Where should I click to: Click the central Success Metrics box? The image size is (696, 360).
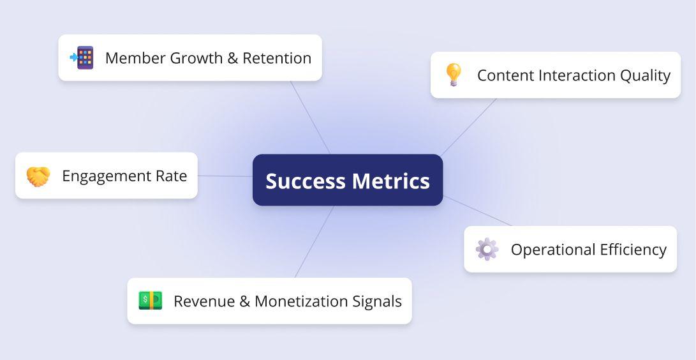click(348, 180)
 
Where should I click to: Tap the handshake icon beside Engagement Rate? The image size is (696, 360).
click(38, 176)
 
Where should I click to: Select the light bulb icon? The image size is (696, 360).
click(454, 75)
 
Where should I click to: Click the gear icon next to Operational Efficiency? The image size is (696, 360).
click(487, 249)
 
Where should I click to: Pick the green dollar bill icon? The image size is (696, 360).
click(151, 301)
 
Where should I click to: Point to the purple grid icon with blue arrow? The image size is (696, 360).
click(82, 57)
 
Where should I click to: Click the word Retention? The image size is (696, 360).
click(277, 58)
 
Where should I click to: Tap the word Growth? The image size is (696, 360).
click(198, 58)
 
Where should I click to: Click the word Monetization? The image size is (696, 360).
click(301, 301)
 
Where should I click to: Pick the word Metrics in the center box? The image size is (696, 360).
click(391, 181)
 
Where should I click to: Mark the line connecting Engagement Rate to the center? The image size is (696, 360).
click(225, 176)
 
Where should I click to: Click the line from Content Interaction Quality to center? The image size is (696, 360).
click(469, 128)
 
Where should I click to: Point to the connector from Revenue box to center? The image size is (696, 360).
click(315, 241)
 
